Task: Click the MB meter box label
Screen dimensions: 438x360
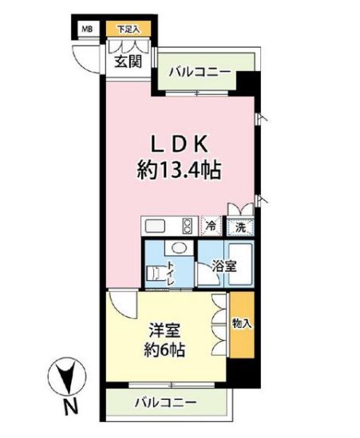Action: (84, 30)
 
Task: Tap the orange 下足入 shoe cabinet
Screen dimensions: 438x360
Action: (128, 30)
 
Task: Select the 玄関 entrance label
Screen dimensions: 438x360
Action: (126, 61)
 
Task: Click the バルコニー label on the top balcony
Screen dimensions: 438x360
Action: (200, 72)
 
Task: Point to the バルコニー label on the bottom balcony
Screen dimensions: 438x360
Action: (166, 402)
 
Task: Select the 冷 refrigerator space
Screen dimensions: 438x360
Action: (211, 227)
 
